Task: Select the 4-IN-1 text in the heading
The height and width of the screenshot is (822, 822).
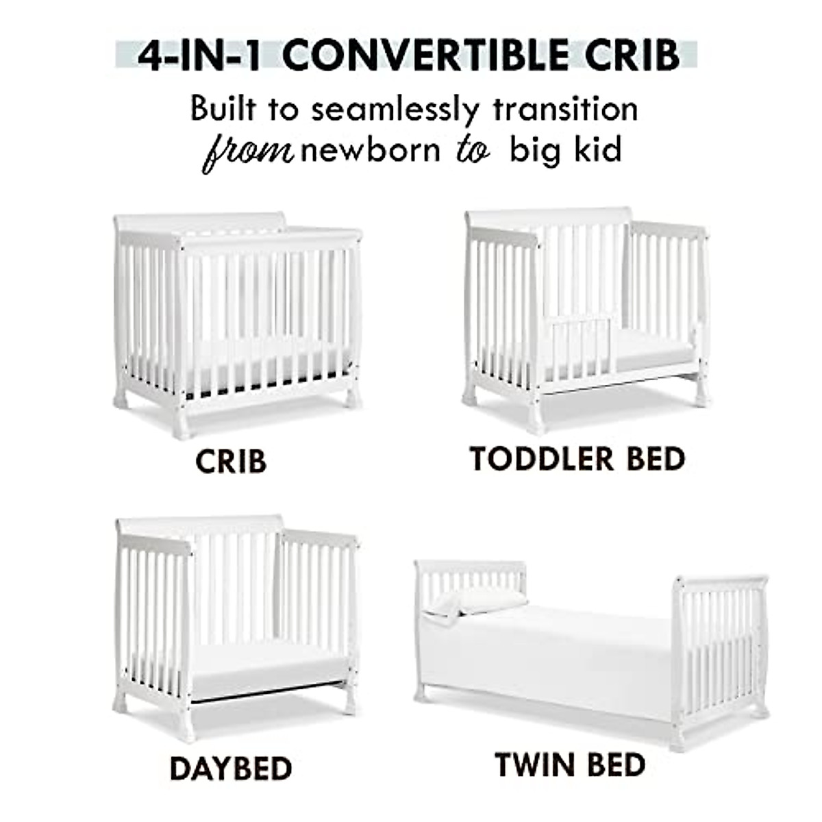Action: [x=199, y=56]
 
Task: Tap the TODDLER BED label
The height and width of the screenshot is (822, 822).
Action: [x=577, y=459]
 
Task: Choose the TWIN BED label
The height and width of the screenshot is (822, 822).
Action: [x=570, y=765]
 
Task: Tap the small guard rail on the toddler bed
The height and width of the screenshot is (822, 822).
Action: [x=582, y=345]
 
